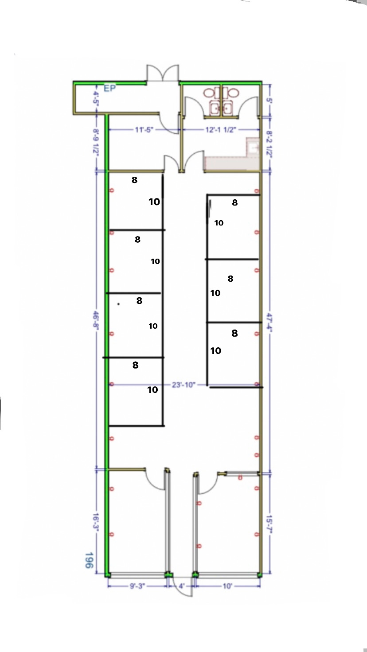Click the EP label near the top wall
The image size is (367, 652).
pyautogui.click(x=110, y=88)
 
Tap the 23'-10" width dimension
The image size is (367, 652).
pyautogui.click(x=183, y=385)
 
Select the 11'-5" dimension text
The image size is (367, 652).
pyautogui.click(x=144, y=129)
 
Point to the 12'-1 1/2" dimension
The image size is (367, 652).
pyautogui.click(x=220, y=130)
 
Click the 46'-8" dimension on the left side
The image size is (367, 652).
pyautogui.click(x=96, y=320)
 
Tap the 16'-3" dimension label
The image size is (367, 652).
pyautogui.click(x=96, y=522)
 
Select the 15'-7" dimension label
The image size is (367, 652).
pyautogui.click(x=269, y=524)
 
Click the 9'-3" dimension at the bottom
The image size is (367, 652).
pyautogui.click(x=137, y=586)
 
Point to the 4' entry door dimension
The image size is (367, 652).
pyautogui.click(x=181, y=586)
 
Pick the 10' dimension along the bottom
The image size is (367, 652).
pyautogui.click(x=227, y=586)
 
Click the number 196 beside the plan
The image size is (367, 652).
pyautogui.click(x=89, y=560)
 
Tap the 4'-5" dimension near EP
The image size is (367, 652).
pyautogui.click(x=96, y=97)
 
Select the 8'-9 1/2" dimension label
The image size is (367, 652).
pyautogui.click(x=96, y=142)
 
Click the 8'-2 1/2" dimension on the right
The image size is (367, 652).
pyautogui.click(x=269, y=144)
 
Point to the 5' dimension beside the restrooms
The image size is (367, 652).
pyautogui.click(x=269, y=100)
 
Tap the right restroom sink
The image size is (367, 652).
pyautogui.click(x=228, y=109)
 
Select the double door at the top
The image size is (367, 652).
pyautogui.click(x=163, y=74)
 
